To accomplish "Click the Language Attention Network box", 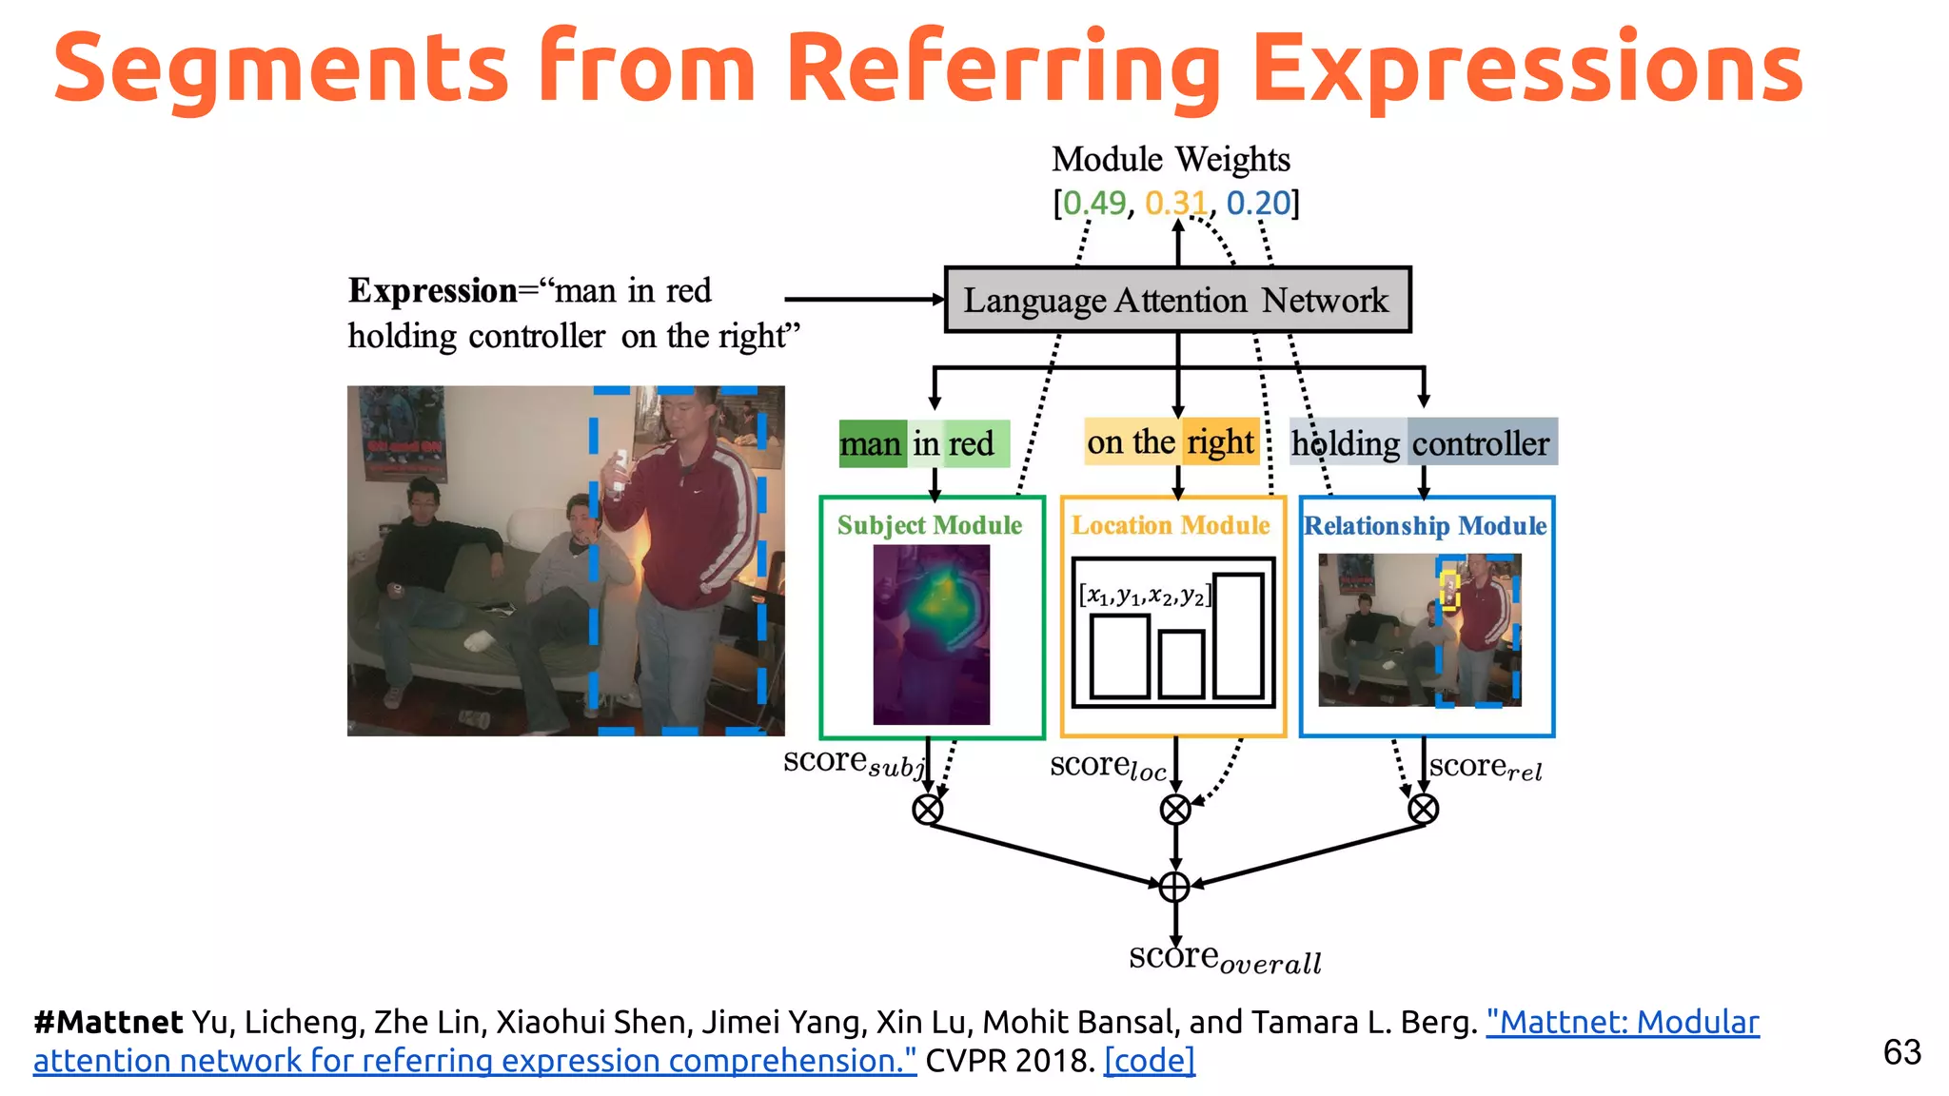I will [x=1176, y=300].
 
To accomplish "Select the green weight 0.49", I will [x=1093, y=203].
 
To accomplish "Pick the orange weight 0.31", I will [x=1175, y=203].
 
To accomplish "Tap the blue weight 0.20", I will [x=1258, y=203].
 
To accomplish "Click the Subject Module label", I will [x=929, y=525].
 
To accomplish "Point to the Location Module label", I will [x=1171, y=525].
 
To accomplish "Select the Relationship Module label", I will [x=1425, y=525].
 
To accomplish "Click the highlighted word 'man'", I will [x=871, y=444].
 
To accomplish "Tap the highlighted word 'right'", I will [x=1220, y=442].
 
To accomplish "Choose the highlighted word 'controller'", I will [x=1480, y=443].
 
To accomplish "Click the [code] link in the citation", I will [x=1149, y=1060].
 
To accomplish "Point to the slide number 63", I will [x=1901, y=1052].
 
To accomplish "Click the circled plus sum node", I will [x=1174, y=887].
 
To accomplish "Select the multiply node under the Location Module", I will [x=1175, y=810].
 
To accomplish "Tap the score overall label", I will [x=1224, y=957].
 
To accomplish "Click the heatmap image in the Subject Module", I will [x=931, y=634].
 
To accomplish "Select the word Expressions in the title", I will [x=1526, y=68].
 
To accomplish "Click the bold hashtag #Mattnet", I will [x=108, y=1022].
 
